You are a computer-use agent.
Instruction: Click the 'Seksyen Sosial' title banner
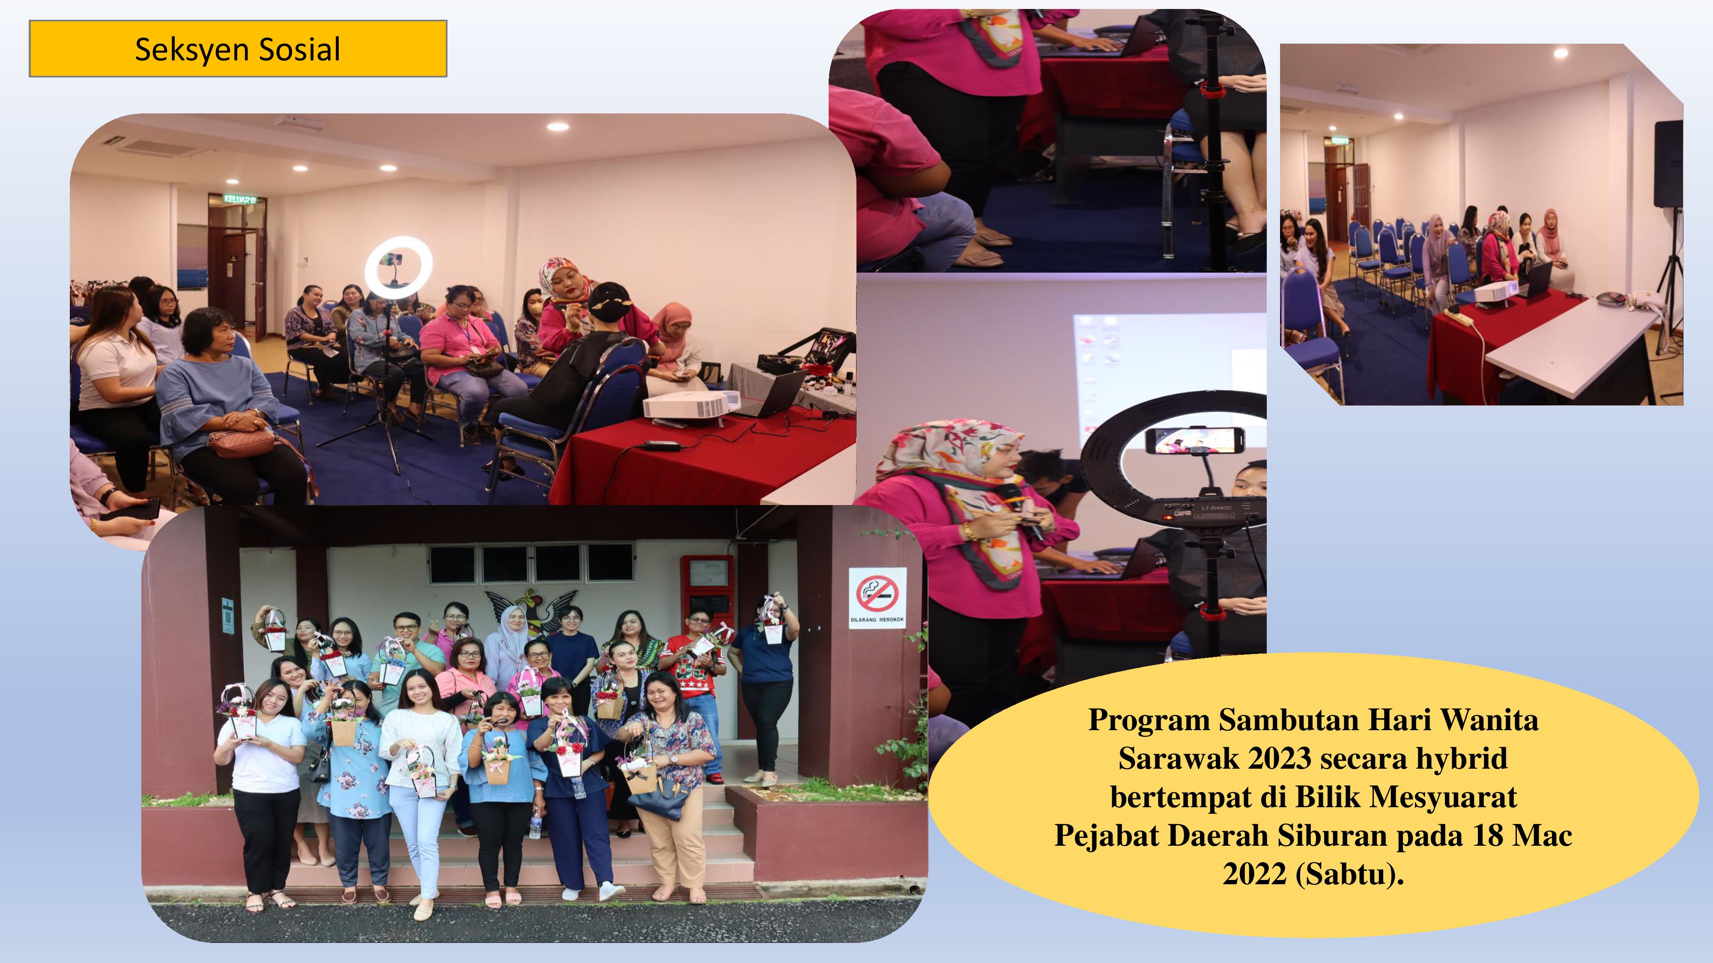pos(238,48)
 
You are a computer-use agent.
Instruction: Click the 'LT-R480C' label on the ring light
pos(1216,508)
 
